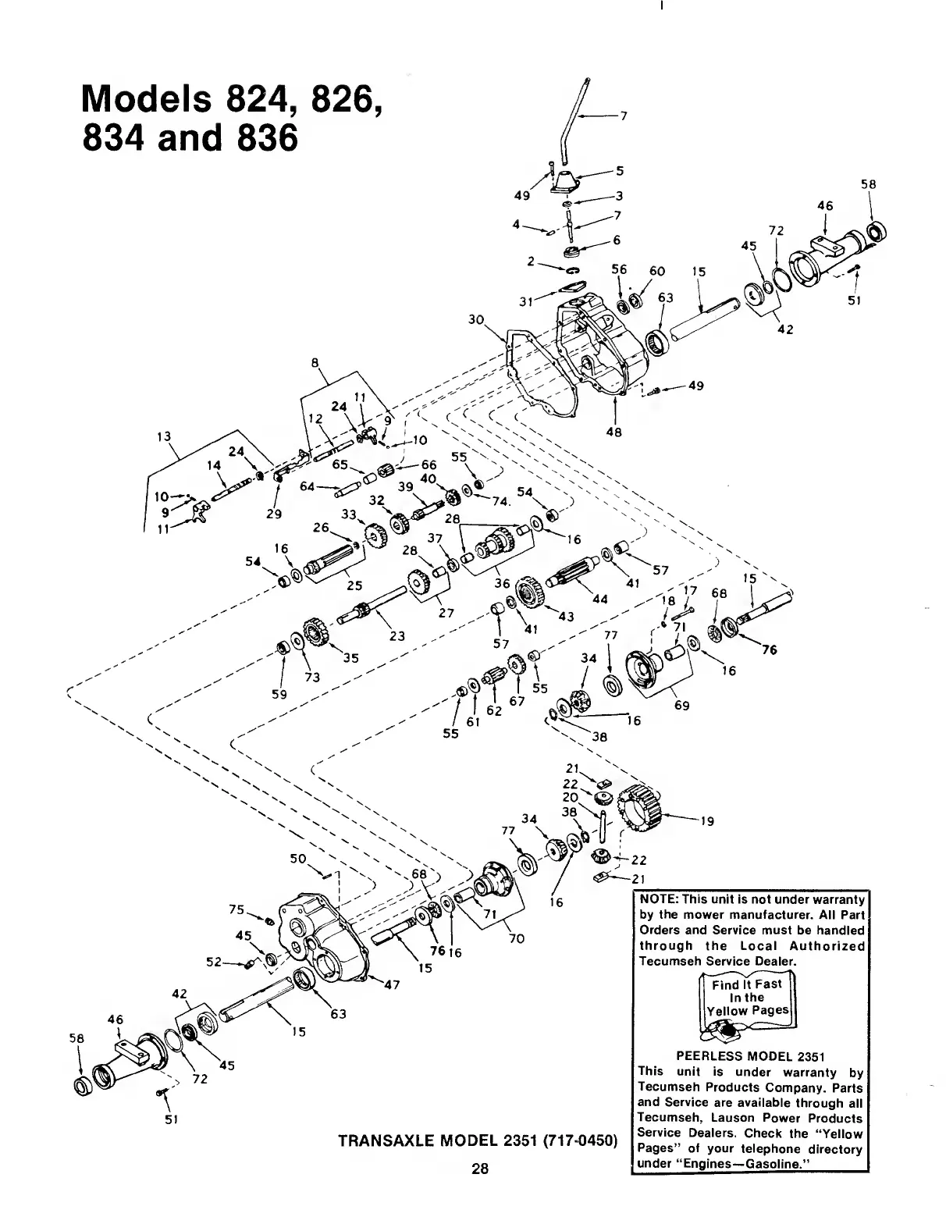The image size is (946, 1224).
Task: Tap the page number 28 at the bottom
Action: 479,1169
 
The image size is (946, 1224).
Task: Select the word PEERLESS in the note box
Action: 712,1057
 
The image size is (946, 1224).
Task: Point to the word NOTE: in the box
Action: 660,899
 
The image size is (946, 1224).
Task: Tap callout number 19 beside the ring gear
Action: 708,821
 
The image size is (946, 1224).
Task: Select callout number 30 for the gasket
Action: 476,320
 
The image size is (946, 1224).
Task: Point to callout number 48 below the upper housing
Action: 613,432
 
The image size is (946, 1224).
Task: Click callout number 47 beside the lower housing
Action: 392,984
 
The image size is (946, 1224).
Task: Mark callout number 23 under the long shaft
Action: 397,635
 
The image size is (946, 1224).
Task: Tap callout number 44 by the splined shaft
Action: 600,600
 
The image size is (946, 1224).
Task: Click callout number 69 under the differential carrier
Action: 681,706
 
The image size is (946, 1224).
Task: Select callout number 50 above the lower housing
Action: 297,859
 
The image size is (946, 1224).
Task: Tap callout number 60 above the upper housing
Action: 657,271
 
